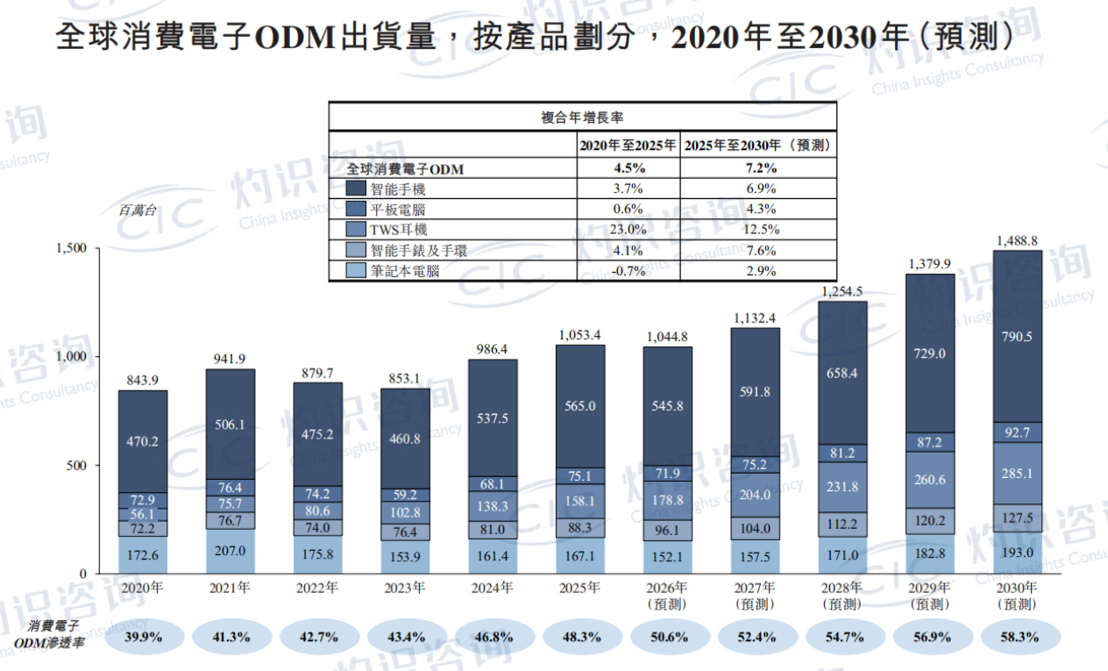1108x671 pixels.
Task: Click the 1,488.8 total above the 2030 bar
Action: click(x=1017, y=241)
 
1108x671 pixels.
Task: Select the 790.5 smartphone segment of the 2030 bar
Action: click(x=1017, y=337)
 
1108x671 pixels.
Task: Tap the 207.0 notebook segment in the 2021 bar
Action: click(x=230, y=551)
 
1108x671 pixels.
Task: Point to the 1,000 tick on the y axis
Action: click(x=71, y=356)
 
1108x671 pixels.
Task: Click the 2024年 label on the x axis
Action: click(x=492, y=588)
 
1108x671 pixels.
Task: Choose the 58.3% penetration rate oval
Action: click(x=1020, y=637)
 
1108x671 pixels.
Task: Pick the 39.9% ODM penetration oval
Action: click(x=144, y=637)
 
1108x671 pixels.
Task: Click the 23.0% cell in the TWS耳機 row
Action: click(x=628, y=230)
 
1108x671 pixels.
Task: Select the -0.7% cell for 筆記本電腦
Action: click(x=628, y=271)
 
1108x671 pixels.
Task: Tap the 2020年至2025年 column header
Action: click(x=628, y=146)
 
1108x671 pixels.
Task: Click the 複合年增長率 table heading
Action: click(x=582, y=118)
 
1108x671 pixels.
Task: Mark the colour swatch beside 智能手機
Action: click(x=356, y=188)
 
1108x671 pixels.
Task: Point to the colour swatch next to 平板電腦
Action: click(x=356, y=209)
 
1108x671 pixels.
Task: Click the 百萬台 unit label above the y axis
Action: click(x=137, y=211)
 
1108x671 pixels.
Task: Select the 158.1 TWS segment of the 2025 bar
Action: click(x=579, y=501)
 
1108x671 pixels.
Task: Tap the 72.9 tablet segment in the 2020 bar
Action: click(x=143, y=500)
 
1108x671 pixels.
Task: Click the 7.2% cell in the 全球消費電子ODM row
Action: click(x=761, y=168)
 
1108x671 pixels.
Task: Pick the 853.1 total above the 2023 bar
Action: click(x=404, y=379)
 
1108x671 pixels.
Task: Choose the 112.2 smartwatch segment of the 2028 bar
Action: click(x=842, y=525)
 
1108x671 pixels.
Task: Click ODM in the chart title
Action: click(x=295, y=38)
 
